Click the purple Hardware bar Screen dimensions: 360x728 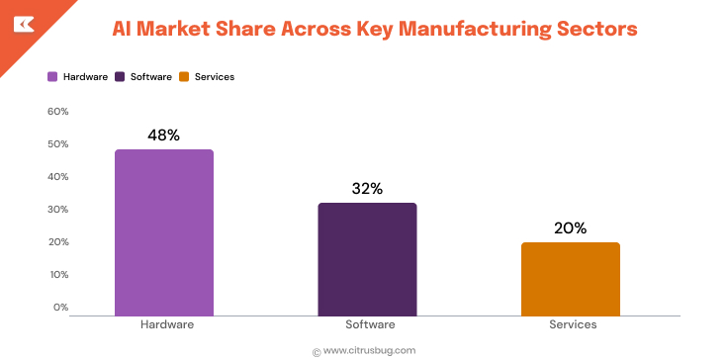(x=164, y=232)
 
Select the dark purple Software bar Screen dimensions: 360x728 (x=367, y=259)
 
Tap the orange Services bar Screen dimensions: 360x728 (x=570, y=279)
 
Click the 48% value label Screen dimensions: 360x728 (x=163, y=135)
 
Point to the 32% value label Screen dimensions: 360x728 (x=367, y=189)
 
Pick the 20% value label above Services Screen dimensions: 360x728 (x=570, y=228)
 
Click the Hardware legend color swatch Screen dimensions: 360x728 (x=52, y=76)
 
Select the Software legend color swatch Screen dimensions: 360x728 (x=120, y=76)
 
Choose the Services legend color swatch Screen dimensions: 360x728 (x=184, y=76)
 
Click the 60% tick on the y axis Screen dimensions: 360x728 (x=57, y=112)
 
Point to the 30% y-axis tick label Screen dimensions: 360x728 (x=57, y=210)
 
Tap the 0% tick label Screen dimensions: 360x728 (x=60, y=308)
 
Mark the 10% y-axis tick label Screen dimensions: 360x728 (x=57, y=275)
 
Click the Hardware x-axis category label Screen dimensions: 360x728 (x=164, y=324)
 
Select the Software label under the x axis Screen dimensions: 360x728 (x=368, y=324)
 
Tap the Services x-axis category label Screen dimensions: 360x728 (x=571, y=324)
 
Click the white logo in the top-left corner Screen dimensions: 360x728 (x=21, y=23)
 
